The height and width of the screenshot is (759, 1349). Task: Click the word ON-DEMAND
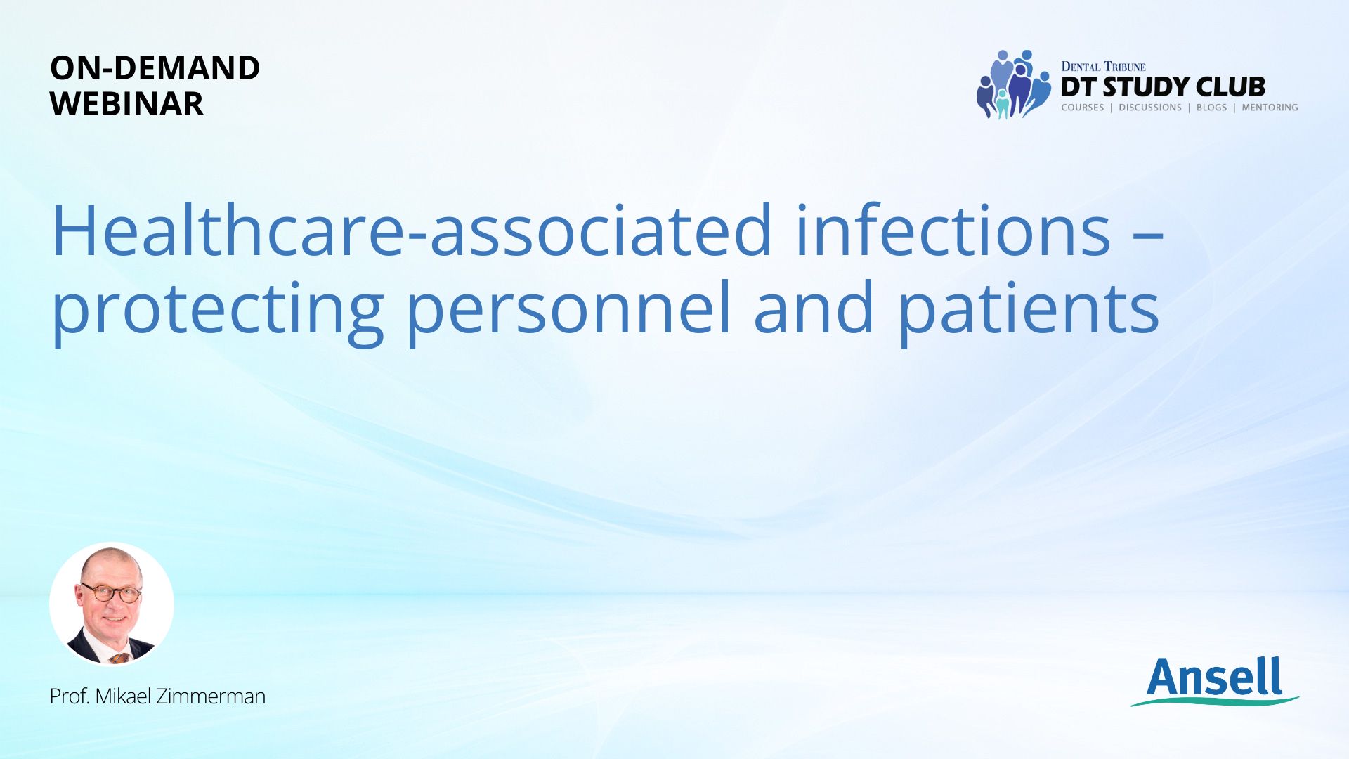155,68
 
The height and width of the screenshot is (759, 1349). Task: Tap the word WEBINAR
126,104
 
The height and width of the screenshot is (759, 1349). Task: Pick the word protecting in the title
218,310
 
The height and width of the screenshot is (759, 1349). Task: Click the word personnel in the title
569,310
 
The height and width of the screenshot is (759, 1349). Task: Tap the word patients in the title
1029,310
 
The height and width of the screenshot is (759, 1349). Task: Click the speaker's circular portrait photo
112,604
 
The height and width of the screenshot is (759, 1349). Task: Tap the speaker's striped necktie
119,659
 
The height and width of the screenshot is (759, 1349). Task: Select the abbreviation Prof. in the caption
69,696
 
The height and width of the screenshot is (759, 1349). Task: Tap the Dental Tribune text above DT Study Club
1103,67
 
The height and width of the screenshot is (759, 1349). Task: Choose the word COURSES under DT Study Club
1082,108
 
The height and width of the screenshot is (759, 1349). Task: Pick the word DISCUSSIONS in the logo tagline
1150,108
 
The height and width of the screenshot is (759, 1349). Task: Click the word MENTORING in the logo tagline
1270,108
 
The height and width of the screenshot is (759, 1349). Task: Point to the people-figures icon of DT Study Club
1013,84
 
